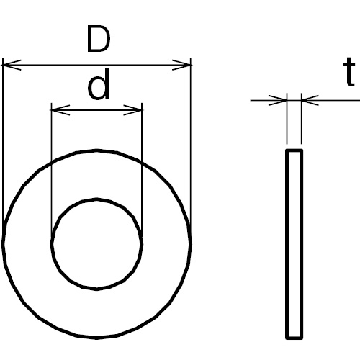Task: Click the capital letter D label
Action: (x=99, y=39)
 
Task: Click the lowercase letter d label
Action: (x=99, y=84)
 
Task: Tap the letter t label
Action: (x=349, y=72)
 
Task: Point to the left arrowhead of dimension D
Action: (x=12, y=65)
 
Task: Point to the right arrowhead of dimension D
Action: (x=181, y=65)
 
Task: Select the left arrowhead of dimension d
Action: (x=60, y=110)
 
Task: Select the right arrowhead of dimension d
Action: (x=132, y=110)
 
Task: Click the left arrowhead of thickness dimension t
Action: (x=278, y=100)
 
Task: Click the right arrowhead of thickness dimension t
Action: (x=310, y=100)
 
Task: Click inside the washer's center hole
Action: (x=96, y=244)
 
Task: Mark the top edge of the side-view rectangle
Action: (x=294, y=150)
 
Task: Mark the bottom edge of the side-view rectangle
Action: (x=294, y=338)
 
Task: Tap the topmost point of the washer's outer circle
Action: (x=96, y=150)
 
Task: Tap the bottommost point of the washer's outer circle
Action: (x=96, y=338)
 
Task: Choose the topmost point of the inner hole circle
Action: (x=96, y=199)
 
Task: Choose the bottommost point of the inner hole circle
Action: (x=96, y=289)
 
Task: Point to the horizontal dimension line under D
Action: (x=96, y=65)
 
